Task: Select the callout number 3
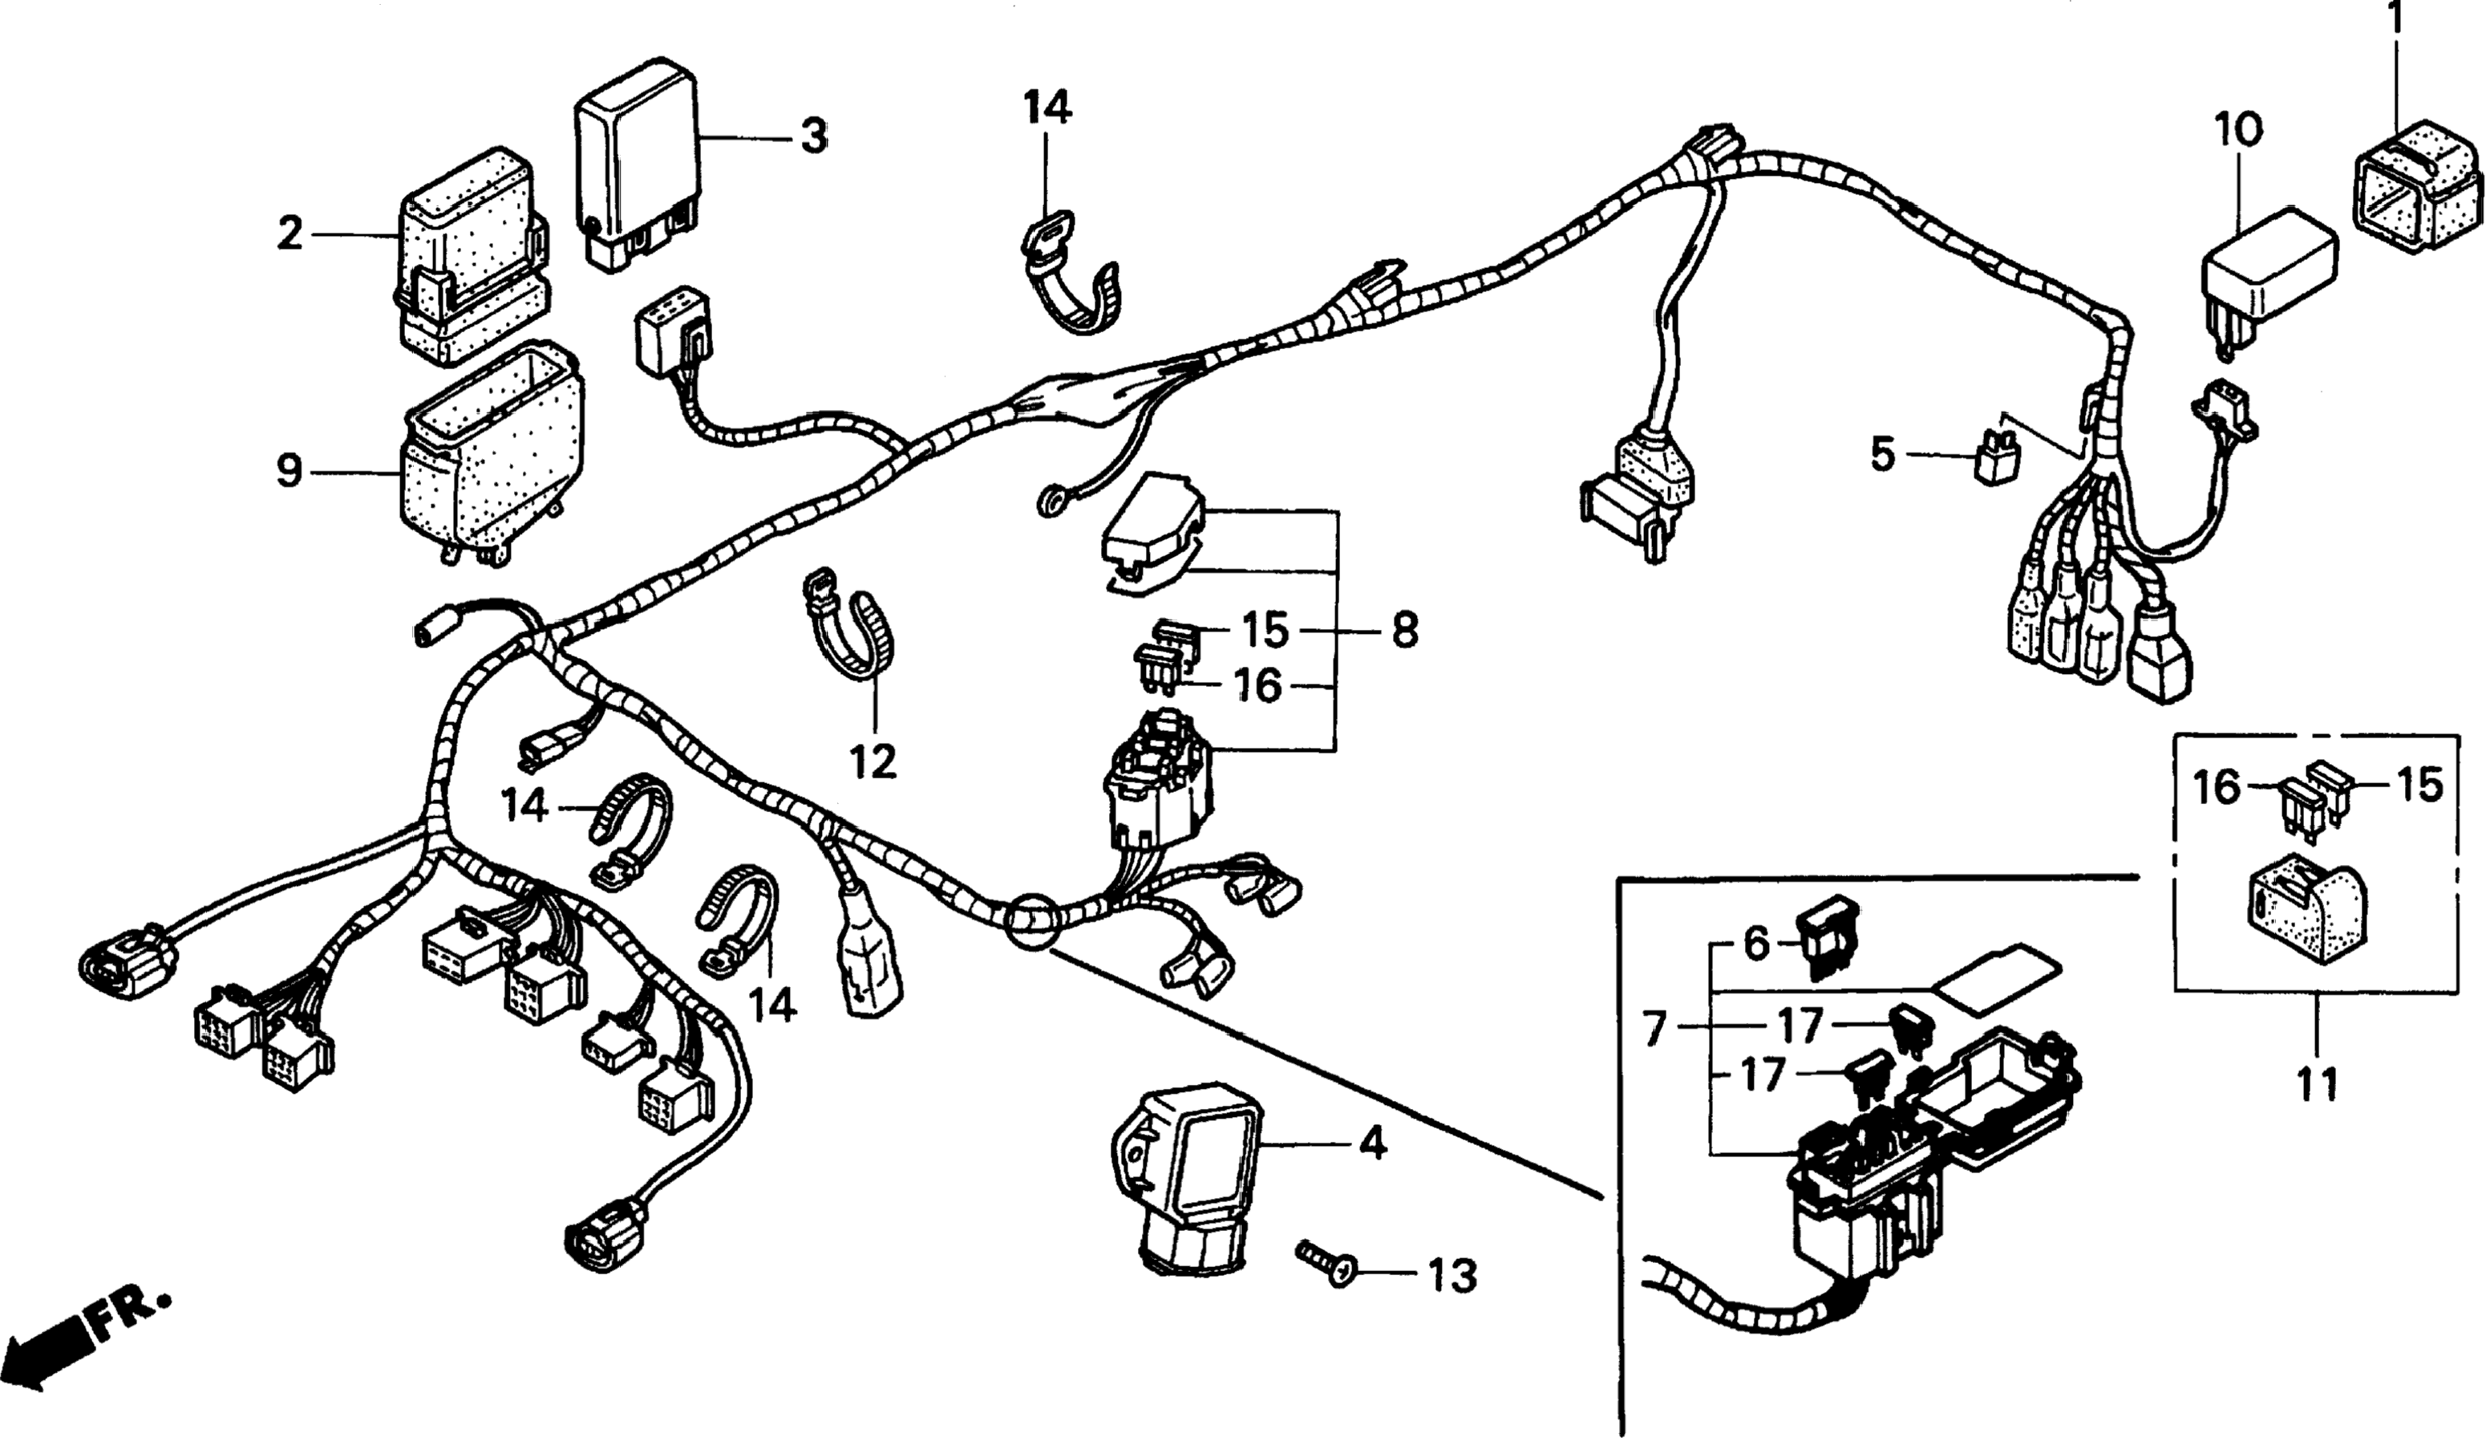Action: pos(813,136)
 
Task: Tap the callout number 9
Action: pos(288,472)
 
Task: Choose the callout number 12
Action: pos(873,760)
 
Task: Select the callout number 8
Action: pos(1404,630)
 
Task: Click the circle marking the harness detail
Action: pos(1031,920)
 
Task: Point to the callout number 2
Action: pos(289,234)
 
